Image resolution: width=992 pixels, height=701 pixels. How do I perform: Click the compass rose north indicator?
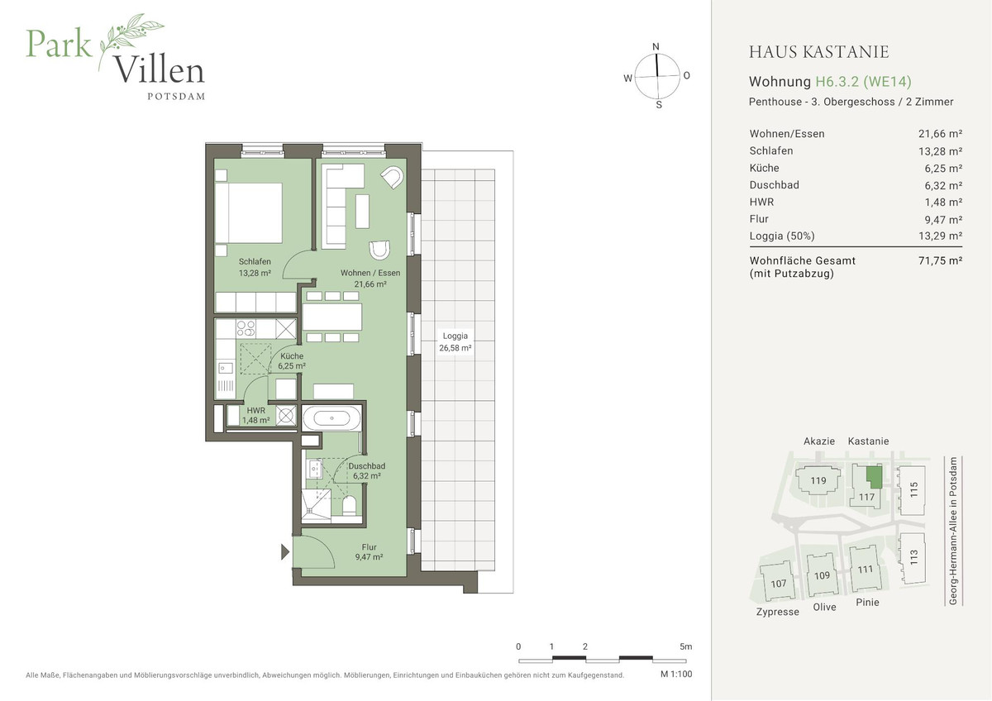pos(656,47)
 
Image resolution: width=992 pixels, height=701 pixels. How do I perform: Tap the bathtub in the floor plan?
pos(331,417)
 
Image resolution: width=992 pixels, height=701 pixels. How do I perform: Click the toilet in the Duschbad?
pos(349,506)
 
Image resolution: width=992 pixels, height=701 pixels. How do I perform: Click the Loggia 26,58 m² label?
pos(455,342)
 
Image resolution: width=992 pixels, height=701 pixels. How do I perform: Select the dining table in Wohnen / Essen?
pos(332,317)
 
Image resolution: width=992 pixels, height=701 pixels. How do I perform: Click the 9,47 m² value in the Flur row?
pos(942,219)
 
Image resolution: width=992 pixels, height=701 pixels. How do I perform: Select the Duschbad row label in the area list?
pos(774,185)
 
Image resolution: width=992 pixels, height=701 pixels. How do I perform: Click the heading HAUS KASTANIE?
pos(818,52)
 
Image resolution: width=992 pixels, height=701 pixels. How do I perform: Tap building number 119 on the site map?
pos(818,481)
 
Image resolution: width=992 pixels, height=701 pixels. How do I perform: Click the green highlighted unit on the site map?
pos(873,477)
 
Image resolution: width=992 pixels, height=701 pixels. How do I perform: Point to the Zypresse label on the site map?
pos(777,612)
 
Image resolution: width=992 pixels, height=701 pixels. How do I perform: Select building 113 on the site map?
pos(913,556)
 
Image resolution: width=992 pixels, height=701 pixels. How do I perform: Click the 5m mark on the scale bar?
pos(685,646)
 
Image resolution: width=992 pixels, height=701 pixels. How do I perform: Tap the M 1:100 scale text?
pos(675,675)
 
